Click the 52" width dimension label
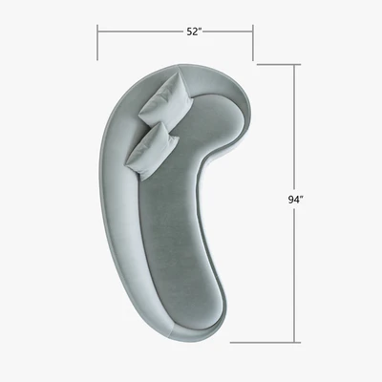(x=194, y=32)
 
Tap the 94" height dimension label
(x=295, y=200)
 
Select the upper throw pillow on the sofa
(x=166, y=100)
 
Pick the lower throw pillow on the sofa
(x=152, y=152)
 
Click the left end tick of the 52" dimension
(x=97, y=42)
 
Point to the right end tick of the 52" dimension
(x=253, y=42)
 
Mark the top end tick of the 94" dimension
(x=279, y=65)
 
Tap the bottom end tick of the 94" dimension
(x=265, y=343)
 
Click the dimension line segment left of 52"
(x=140, y=32)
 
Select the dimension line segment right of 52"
(x=228, y=32)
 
